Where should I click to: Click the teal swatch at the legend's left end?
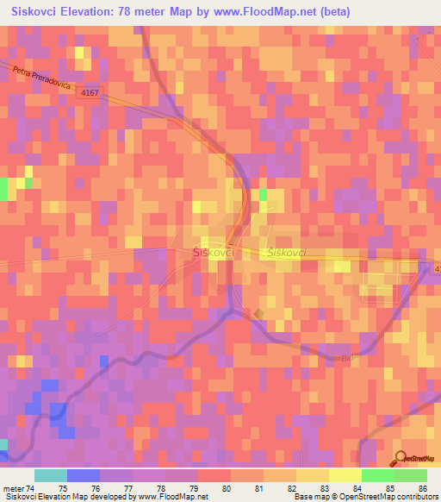[x=51, y=475]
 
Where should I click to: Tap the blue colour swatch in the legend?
[x=84, y=475]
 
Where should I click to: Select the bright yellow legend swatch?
[x=345, y=475]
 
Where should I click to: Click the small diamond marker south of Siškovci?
[x=258, y=313]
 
